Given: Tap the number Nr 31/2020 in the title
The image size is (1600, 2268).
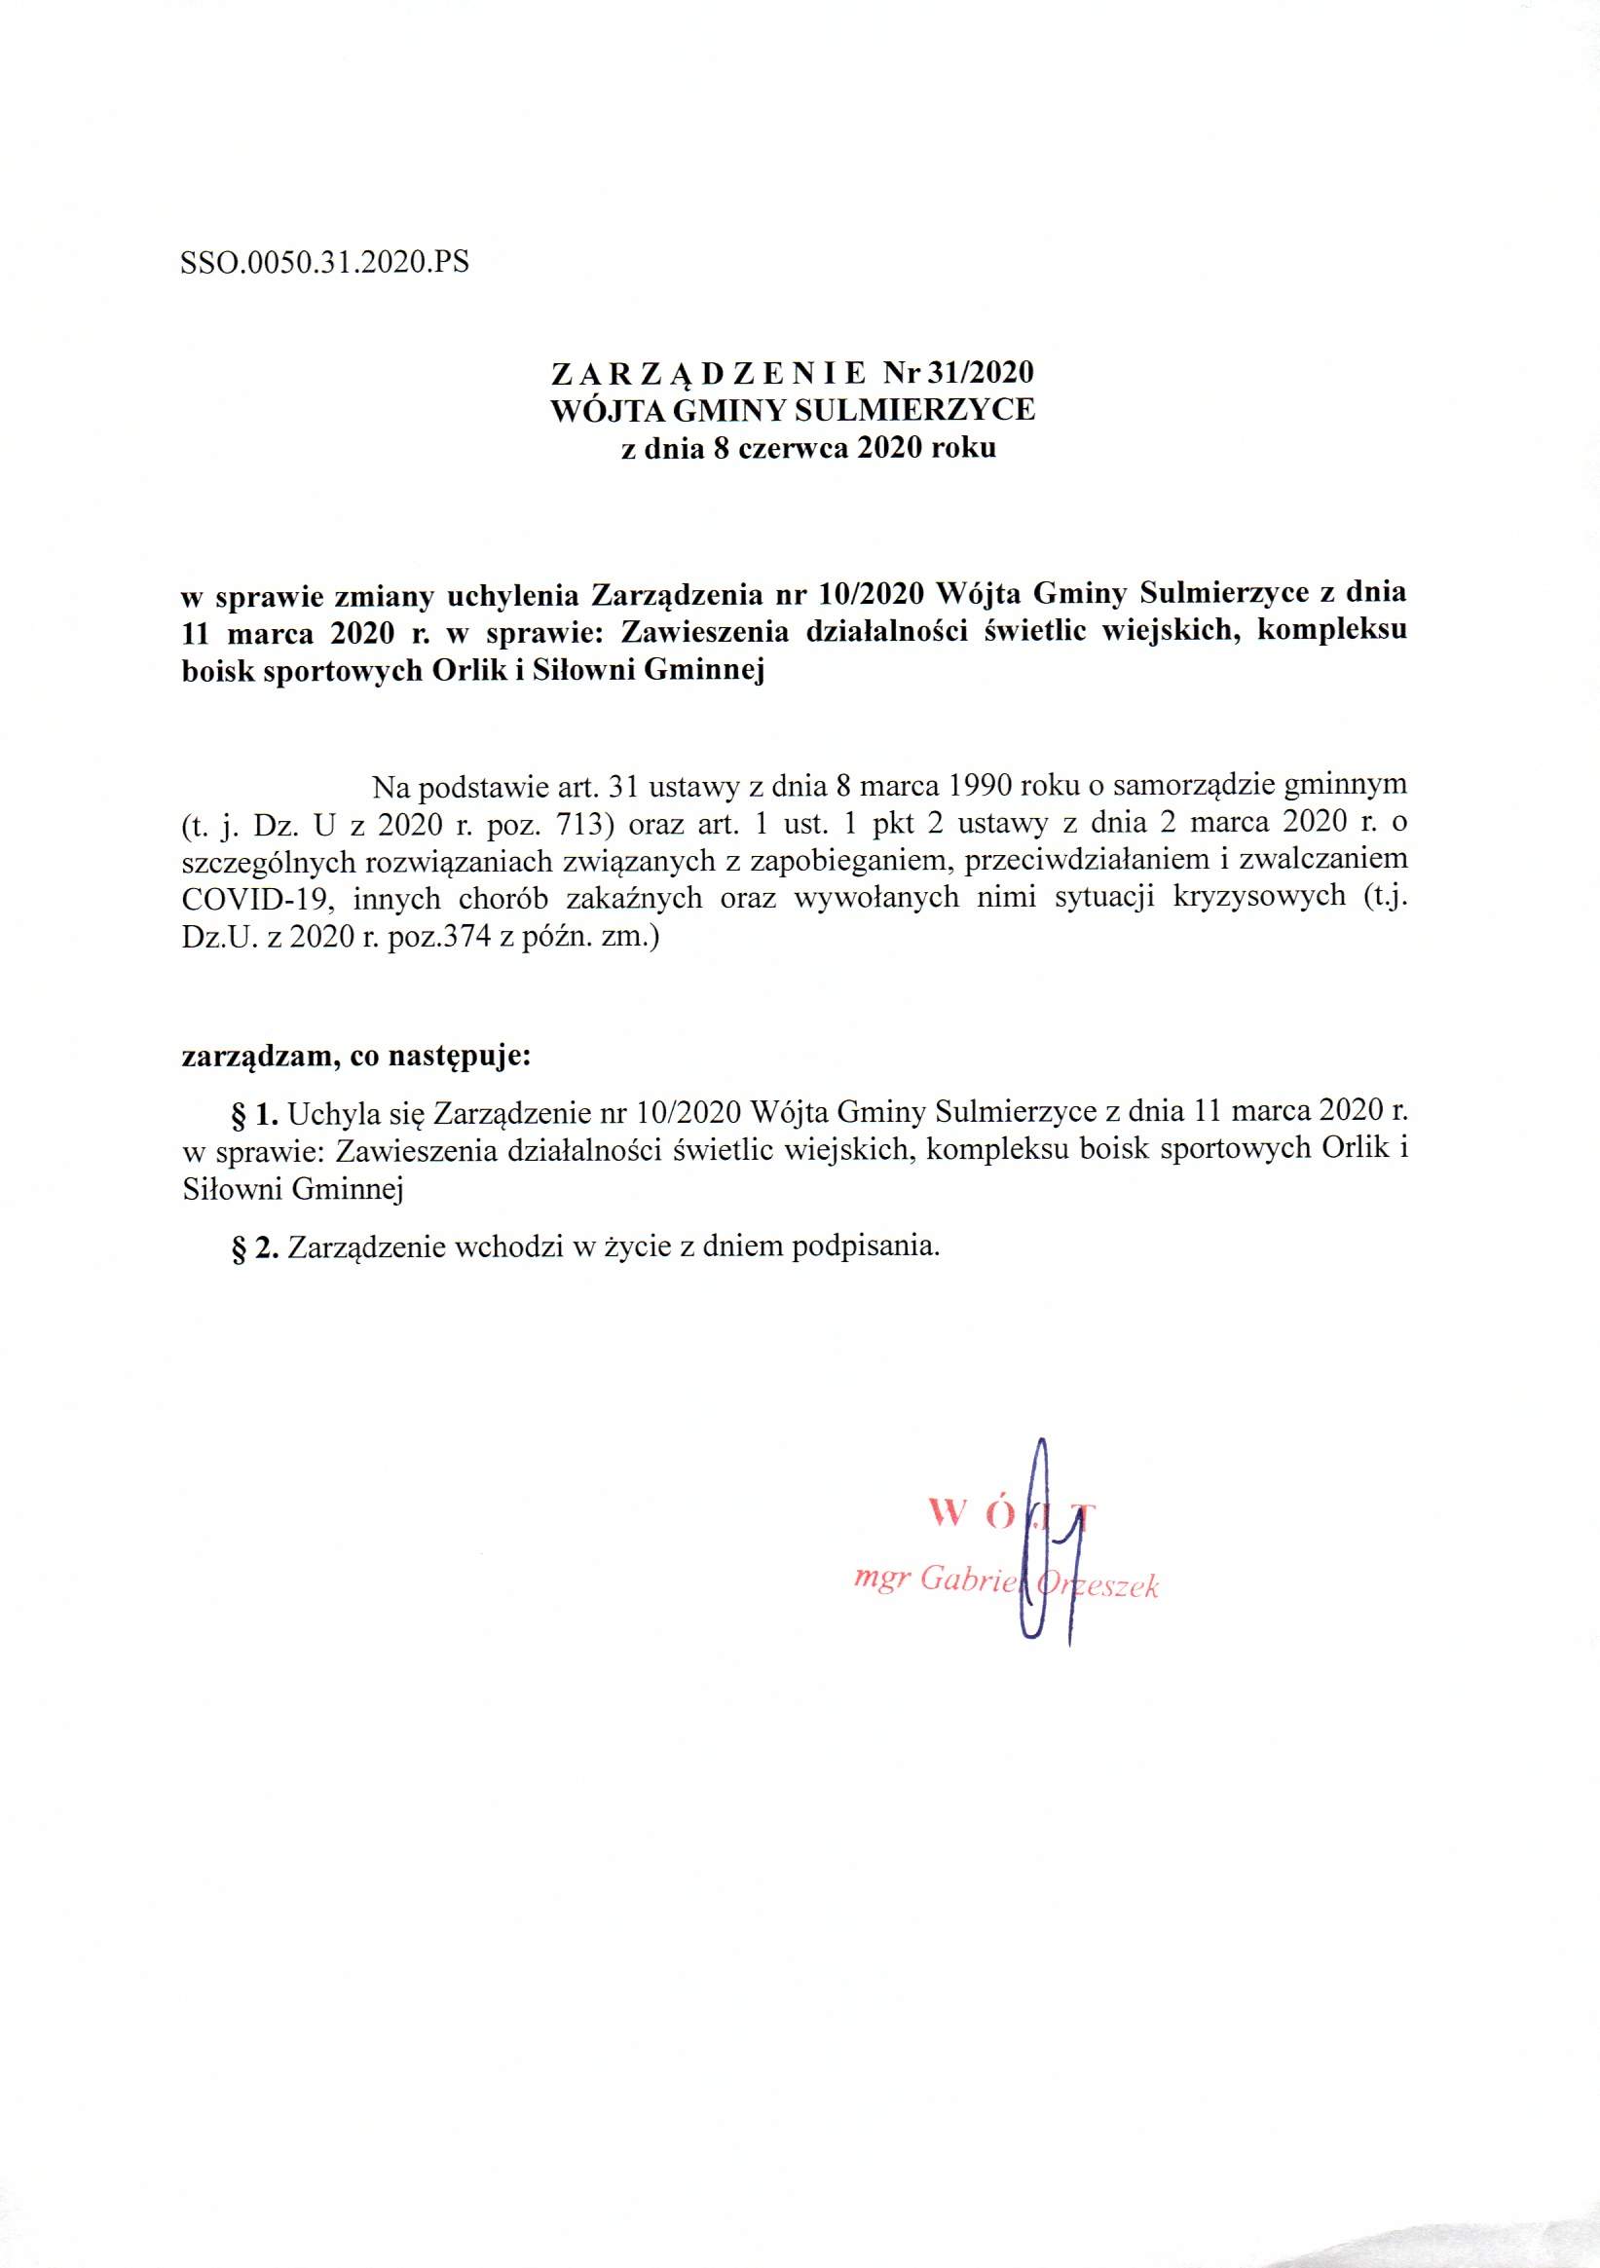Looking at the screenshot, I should [957, 373].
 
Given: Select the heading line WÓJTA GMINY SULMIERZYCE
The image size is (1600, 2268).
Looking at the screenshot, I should [792, 410].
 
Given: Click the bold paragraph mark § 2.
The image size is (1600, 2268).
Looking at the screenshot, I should [257, 1247].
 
